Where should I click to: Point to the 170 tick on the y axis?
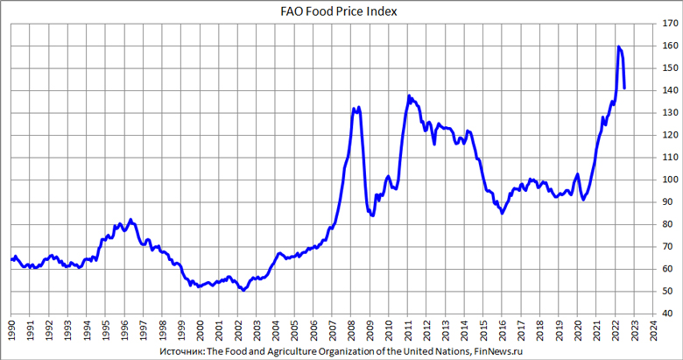click(670, 24)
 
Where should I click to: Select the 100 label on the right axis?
click(670, 180)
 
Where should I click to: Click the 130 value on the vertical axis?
click(670, 113)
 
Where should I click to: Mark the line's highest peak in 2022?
click(618, 46)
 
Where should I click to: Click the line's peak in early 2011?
click(409, 95)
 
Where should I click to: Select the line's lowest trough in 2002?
click(243, 290)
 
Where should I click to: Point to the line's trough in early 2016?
click(502, 213)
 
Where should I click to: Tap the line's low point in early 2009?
click(373, 215)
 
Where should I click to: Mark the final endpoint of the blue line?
click(624, 88)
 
